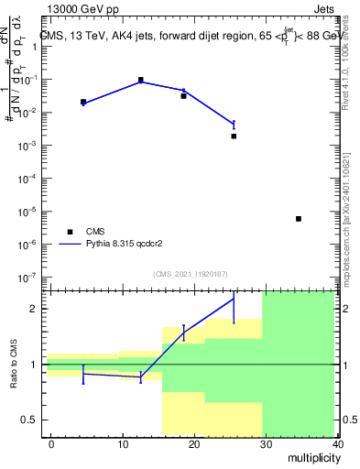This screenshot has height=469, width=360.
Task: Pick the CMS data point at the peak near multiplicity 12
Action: (x=141, y=81)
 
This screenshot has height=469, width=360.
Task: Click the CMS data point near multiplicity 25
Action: (x=234, y=136)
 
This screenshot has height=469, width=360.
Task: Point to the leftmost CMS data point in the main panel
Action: (x=83, y=102)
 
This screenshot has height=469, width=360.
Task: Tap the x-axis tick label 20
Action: (x=194, y=444)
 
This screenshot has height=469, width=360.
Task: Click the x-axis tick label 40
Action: (x=336, y=444)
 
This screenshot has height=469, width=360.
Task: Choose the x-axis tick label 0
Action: (x=51, y=444)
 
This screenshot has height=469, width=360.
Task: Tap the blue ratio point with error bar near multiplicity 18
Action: (x=184, y=333)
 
